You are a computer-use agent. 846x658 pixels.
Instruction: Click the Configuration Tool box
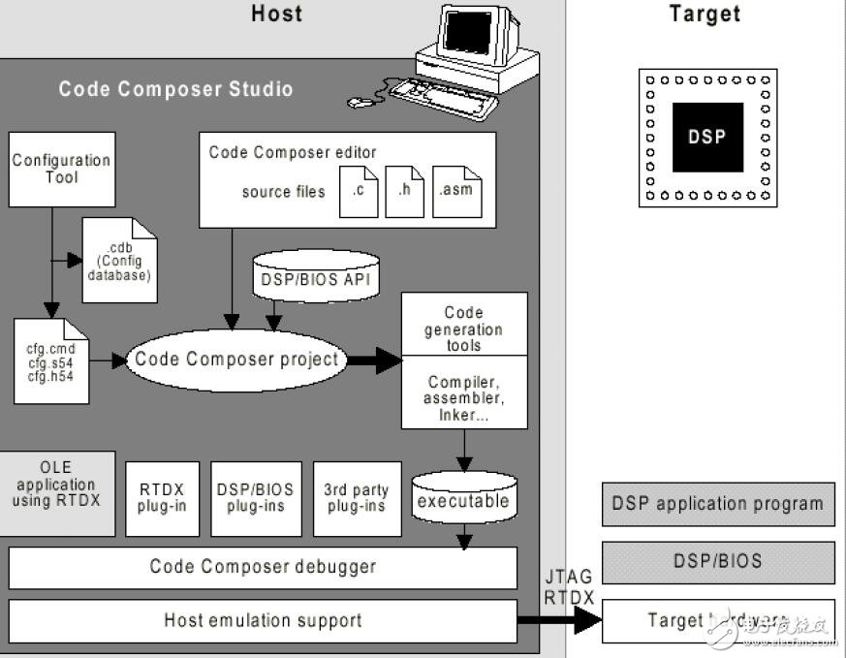pos(61,170)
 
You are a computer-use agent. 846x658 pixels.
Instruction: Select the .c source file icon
pos(359,191)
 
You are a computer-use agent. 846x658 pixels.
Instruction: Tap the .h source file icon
pos(404,191)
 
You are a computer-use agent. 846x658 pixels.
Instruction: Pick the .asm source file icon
pos(454,191)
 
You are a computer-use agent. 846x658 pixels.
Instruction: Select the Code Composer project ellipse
pos(237,360)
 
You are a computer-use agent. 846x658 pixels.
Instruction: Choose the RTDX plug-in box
pos(162,498)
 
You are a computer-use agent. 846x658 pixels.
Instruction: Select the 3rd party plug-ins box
pos(356,498)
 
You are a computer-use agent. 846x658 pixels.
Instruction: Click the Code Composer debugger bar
pos(263,567)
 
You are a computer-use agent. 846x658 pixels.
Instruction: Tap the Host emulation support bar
pos(263,620)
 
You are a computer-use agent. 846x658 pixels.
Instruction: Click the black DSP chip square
pos(707,138)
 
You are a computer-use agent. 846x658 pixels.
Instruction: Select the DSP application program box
pos(717,504)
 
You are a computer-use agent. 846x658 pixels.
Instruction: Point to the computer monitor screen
pos(474,36)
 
